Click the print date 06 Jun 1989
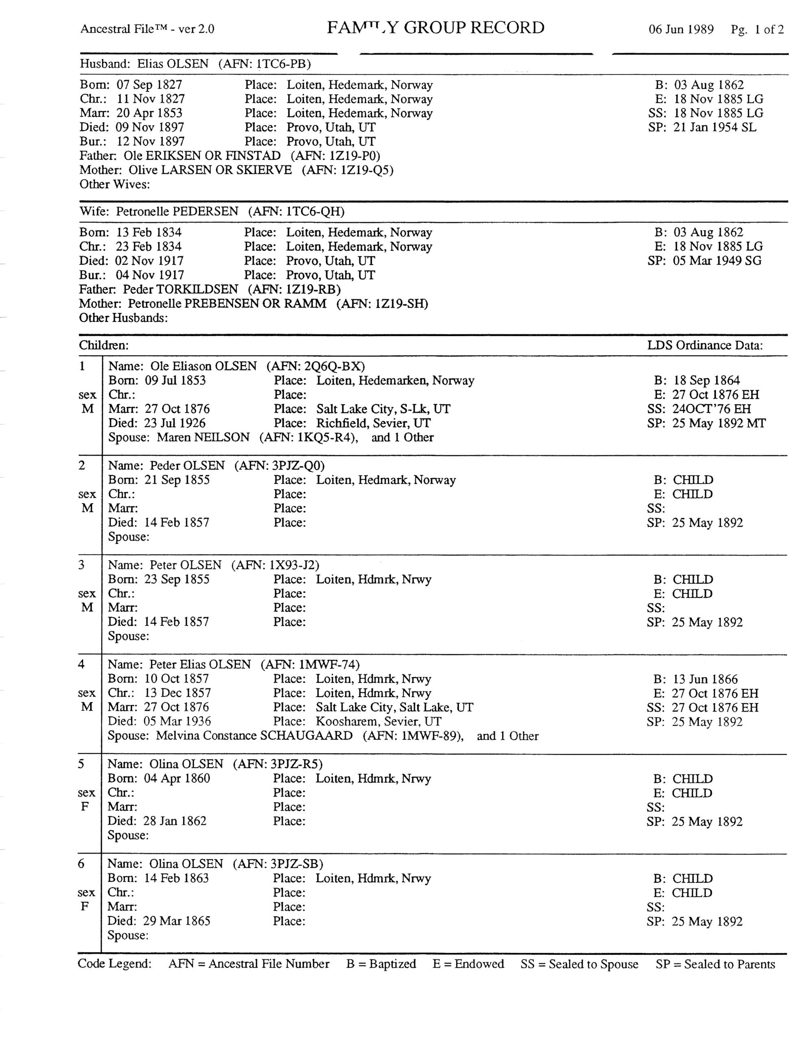pyautogui.click(x=680, y=30)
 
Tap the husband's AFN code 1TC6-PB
pyautogui.click(x=283, y=64)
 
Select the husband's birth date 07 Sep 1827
pyautogui.click(x=149, y=85)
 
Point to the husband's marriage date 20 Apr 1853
pyautogui.click(x=149, y=113)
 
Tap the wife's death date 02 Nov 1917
pyautogui.click(x=149, y=261)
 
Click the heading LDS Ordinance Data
pyautogui.click(x=705, y=346)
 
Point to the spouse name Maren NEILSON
pyautogui.click(x=203, y=438)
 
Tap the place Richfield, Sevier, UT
pyautogui.click(x=373, y=423)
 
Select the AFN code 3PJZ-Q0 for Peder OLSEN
pyautogui.click(x=298, y=466)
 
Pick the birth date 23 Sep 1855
pyautogui.click(x=177, y=579)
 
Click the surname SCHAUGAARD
pyautogui.click(x=306, y=736)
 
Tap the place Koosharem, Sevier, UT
pyautogui.click(x=378, y=721)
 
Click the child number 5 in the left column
pyautogui.click(x=81, y=764)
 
